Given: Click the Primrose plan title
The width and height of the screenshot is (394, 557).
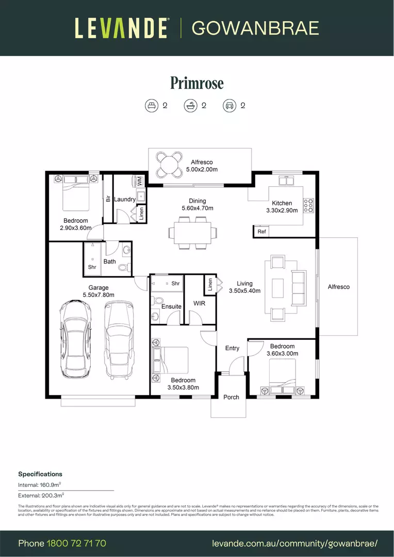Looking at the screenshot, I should click(197, 83).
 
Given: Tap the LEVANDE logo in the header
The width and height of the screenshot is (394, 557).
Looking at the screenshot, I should click(121, 28).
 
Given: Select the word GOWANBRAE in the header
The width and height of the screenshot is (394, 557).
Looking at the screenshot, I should click(255, 28).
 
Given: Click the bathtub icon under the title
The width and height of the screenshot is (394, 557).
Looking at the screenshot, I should click(190, 106).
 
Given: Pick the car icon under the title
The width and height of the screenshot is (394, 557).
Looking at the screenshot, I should click(228, 106).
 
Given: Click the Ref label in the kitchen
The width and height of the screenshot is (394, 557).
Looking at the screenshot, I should click(262, 232).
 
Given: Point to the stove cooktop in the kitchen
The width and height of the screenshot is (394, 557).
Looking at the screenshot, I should click(309, 205).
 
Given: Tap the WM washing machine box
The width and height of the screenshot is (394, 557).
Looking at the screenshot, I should click(140, 181).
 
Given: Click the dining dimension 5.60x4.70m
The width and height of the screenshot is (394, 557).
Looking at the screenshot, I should click(197, 208).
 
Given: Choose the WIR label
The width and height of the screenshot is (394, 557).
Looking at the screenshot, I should click(199, 303).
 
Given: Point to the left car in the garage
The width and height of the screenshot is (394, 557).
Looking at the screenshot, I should click(76, 339).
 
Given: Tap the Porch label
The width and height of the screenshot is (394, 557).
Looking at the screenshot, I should click(231, 397).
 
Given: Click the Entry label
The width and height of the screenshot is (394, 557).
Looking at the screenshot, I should click(232, 348).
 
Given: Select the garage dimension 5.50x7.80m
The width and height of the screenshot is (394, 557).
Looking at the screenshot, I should click(98, 295).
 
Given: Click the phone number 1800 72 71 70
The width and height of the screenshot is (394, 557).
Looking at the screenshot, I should click(76, 544).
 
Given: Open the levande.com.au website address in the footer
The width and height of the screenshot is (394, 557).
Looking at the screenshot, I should click(295, 544).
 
